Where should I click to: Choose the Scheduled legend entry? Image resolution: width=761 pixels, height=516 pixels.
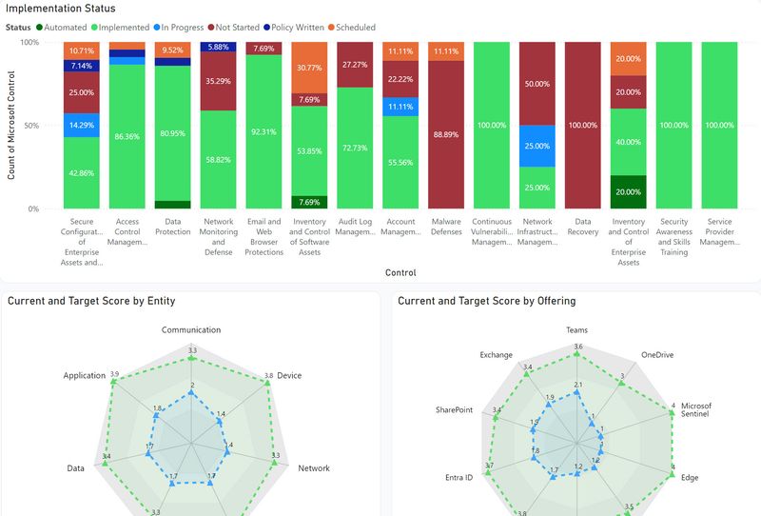point(356,28)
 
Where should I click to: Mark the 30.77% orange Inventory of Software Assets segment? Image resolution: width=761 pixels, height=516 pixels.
point(310,68)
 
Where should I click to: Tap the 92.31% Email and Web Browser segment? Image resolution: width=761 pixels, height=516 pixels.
point(264,131)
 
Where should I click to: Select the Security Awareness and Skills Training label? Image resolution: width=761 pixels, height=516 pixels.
point(673,235)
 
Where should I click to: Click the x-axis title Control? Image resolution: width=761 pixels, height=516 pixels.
point(400,272)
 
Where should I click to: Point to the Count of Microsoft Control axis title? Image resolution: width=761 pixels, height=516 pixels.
point(12,125)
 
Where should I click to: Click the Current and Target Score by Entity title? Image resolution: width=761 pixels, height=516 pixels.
point(91,301)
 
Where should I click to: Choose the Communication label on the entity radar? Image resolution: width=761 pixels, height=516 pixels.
point(191,330)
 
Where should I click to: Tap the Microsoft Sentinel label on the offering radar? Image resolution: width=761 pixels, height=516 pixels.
point(696,410)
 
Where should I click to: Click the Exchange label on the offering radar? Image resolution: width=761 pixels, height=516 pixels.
point(496,355)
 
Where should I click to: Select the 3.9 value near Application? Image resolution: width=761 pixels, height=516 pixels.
point(114,374)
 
